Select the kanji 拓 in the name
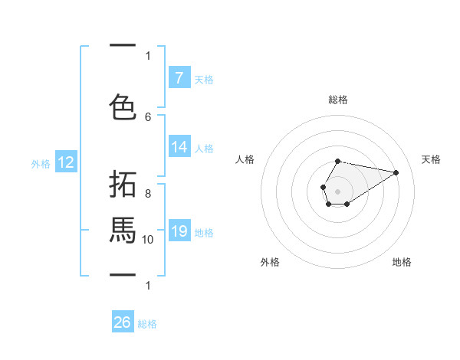coord(123,185)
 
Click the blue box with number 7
coord(179,78)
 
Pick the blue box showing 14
coord(179,147)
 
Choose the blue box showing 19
coord(179,231)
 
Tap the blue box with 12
coord(65,162)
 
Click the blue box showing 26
coord(123,322)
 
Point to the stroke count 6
coord(148,116)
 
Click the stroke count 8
coord(148,193)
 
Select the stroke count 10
coord(148,239)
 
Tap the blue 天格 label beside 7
coord(204,79)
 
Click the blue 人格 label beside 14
coord(204,148)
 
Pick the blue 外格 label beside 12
coord(41,163)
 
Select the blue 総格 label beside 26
coord(147,323)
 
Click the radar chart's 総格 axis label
coord(337,100)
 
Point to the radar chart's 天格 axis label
coord(431,159)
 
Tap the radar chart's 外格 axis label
coord(270,262)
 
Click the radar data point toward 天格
coord(396,172)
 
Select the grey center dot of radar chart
coord(337,190)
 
